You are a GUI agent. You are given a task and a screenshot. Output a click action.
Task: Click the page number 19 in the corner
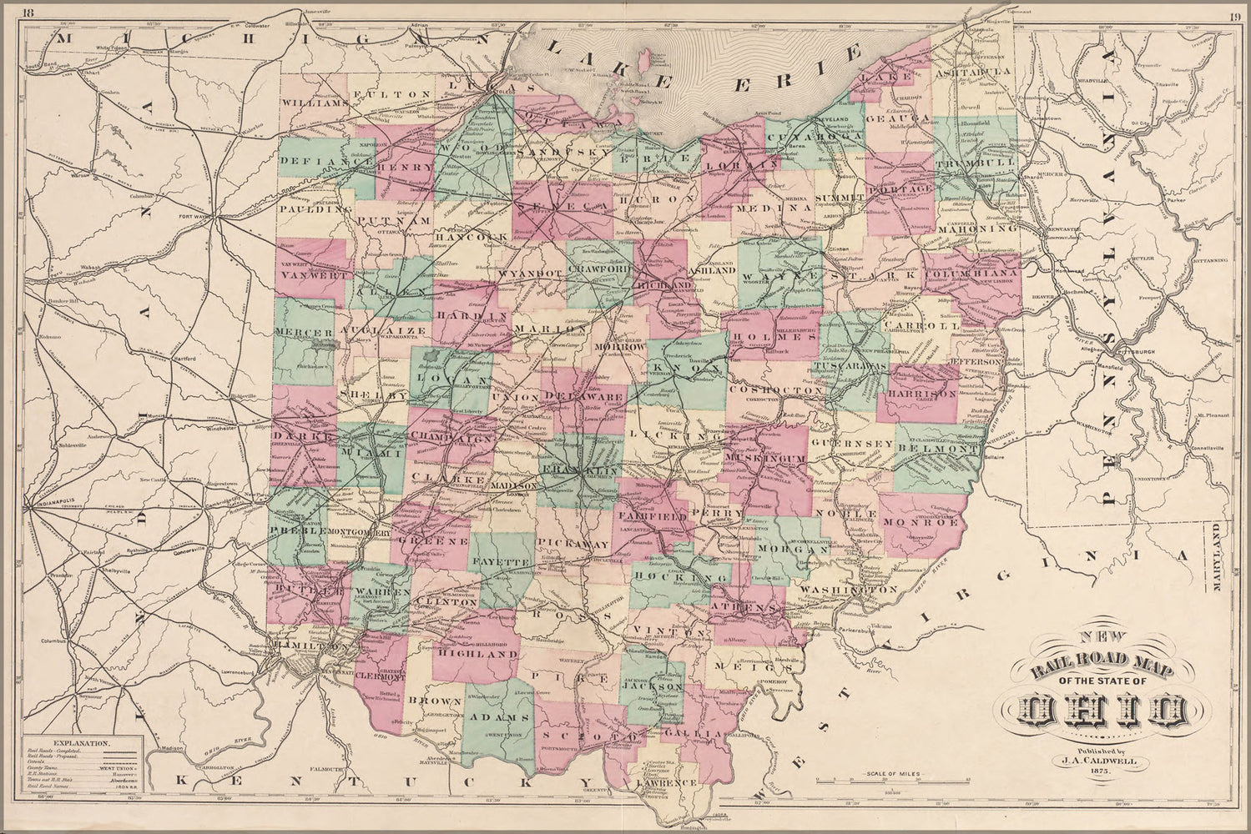(x=1233, y=13)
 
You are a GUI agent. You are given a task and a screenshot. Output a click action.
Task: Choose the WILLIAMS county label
(x=313, y=103)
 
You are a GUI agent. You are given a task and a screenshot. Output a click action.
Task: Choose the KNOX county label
(x=684, y=367)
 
